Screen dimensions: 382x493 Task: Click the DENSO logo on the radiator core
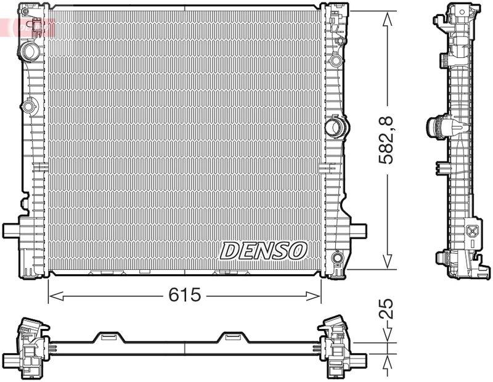point(264,250)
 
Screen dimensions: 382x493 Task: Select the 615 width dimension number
point(184,295)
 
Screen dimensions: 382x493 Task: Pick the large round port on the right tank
point(335,128)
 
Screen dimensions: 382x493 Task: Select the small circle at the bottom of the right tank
point(336,257)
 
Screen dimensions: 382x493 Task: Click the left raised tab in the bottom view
point(109,336)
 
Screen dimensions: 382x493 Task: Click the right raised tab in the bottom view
point(232,336)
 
